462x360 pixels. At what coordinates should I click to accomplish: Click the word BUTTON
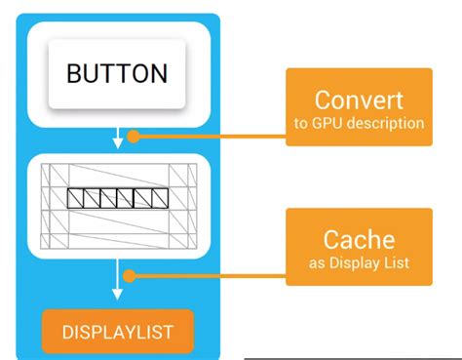point(117,73)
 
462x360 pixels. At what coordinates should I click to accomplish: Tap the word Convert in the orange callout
point(358,100)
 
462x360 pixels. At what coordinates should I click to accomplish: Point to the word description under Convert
point(390,123)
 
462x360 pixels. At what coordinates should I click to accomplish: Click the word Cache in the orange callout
point(358,240)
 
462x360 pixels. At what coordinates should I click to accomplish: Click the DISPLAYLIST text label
point(117,331)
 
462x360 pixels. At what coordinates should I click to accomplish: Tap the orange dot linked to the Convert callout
point(135,137)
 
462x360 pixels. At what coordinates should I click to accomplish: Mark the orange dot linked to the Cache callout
point(135,277)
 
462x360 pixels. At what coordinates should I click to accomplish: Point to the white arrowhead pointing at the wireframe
point(118,143)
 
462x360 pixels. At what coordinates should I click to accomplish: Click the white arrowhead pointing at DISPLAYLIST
point(118,295)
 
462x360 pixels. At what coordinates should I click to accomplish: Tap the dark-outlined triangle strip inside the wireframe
point(117,198)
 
